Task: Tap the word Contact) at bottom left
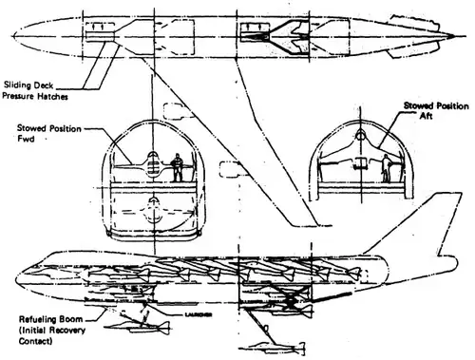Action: [x=31, y=342]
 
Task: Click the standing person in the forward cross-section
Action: [x=175, y=170]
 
